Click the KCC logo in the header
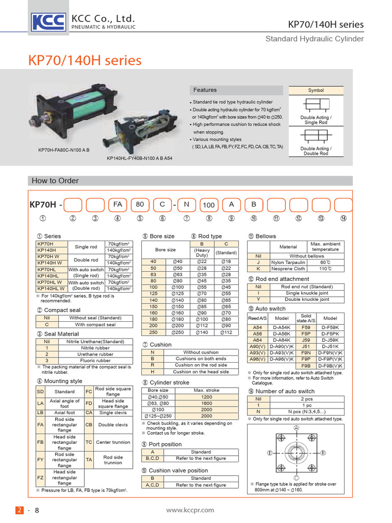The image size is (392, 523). (48, 22)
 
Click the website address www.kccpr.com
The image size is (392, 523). (190, 510)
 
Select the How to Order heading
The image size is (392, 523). (55, 180)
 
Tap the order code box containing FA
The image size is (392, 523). (117, 204)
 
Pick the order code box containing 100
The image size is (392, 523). (209, 205)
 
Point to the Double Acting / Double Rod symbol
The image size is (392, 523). (316, 137)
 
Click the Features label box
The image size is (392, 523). (205, 90)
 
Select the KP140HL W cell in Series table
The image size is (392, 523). (50, 289)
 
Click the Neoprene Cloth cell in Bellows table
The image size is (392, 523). (288, 269)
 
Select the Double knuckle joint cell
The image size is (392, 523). (307, 300)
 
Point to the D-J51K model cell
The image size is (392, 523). (331, 346)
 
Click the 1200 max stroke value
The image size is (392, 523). (207, 397)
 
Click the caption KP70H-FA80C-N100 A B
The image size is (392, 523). (64, 150)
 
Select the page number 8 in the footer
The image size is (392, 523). (37, 510)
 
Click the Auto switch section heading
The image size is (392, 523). (271, 308)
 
